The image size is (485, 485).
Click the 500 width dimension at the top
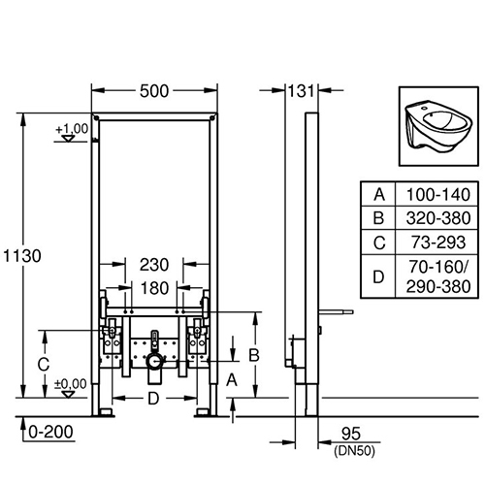coord(155,90)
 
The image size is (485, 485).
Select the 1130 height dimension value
coord(21,256)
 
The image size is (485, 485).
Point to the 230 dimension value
coord(155,263)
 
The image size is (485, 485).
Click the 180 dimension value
coord(155,287)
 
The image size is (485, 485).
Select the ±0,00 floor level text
coord(70,384)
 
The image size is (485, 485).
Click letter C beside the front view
coord(43,365)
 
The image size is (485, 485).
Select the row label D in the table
coord(379,276)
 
